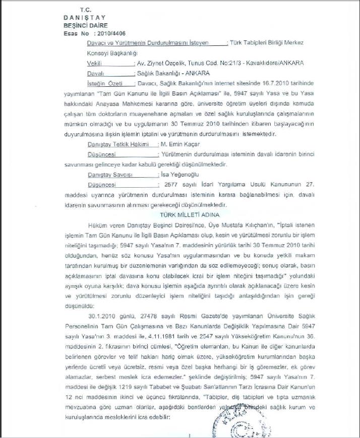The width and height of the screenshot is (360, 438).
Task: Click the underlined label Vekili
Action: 95,64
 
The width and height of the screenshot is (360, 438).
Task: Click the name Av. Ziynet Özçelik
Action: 159,64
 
